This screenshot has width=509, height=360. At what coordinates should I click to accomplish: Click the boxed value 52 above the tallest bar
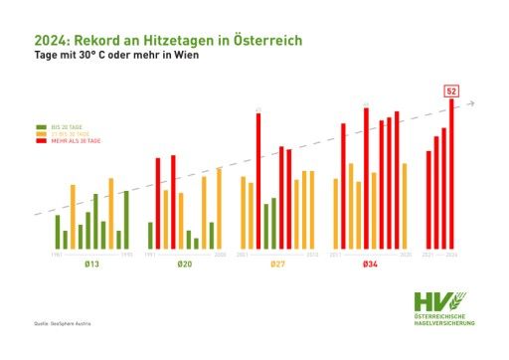coord(450,90)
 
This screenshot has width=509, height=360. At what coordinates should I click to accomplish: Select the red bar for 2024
coord(452,173)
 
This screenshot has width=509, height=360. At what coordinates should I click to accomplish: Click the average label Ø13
coord(91,265)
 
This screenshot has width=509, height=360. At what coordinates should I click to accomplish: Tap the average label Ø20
coord(185,265)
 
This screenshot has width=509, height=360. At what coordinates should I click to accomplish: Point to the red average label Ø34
coord(370,265)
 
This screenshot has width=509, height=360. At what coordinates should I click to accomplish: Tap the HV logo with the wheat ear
coord(438,301)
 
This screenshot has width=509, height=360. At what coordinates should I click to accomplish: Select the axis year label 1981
coord(58,255)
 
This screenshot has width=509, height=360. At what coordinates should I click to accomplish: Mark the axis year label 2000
coord(220,255)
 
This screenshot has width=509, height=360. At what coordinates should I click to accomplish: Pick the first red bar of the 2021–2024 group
coord(428,199)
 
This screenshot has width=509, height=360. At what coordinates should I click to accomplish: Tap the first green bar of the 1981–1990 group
coord(58,231)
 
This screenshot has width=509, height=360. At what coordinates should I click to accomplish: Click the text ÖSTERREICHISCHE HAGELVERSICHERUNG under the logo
coord(443,319)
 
